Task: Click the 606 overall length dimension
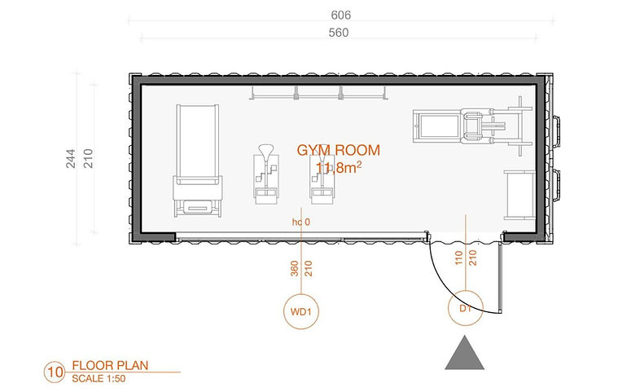[340, 15]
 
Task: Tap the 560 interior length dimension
[338, 33]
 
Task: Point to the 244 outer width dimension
[71, 158]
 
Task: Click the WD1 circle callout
[301, 311]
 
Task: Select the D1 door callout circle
[466, 308]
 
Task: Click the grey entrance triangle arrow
[465, 353]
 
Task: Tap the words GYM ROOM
[338, 150]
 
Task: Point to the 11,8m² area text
[339, 168]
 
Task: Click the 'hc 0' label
[301, 222]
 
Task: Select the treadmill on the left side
[198, 161]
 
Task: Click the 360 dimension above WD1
[294, 269]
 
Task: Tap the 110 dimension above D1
[458, 258]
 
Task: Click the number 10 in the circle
[55, 372]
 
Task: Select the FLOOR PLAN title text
[110, 365]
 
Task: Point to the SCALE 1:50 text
[99, 378]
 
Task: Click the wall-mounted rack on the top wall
[318, 93]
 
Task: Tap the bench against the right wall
[520, 195]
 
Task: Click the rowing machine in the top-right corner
[472, 126]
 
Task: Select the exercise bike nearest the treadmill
[266, 174]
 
